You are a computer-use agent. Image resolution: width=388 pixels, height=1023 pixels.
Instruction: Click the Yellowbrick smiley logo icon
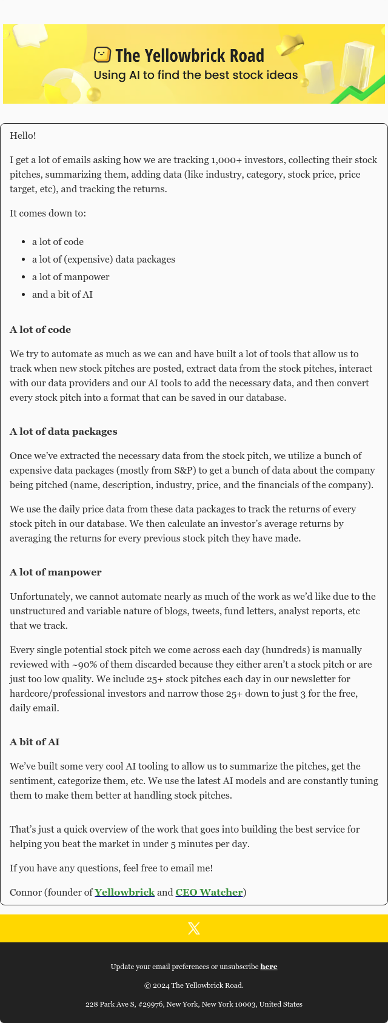click(x=102, y=55)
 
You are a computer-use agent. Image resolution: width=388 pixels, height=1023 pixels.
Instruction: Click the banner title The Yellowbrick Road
click(x=189, y=56)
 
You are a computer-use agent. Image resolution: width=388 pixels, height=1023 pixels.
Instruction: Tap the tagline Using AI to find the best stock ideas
click(x=195, y=75)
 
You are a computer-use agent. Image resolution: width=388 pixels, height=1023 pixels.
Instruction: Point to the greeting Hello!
click(x=23, y=136)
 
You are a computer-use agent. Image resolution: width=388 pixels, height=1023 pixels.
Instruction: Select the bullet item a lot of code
click(x=58, y=241)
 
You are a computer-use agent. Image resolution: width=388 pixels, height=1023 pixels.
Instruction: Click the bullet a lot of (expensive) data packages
click(x=104, y=259)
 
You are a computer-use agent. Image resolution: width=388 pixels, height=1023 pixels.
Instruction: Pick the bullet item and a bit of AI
click(x=62, y=294)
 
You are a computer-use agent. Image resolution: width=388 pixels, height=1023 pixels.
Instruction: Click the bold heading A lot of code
click(x=40, y=330)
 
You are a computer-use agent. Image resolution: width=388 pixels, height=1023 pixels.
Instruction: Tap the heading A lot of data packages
click(x=64, y=432)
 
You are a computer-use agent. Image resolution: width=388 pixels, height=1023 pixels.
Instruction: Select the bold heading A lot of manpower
click(x=56, y=572)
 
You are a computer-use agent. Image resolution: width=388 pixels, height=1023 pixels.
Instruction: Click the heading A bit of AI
click(x=35, y=742)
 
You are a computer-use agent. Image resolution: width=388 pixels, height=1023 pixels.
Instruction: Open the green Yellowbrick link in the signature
click(x=124, y=892)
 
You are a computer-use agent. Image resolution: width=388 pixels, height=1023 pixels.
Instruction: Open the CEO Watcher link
click(x=209, y=892)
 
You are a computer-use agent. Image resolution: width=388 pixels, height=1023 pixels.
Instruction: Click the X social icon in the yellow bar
click(x=194, y=928)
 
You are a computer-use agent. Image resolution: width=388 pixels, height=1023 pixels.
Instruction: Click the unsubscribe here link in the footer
click(x=269, y=967)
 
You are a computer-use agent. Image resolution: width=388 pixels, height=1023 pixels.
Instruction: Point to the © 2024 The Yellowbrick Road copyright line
click(x=194, y=985)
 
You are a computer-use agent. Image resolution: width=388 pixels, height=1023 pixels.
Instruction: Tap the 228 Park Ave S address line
click(x=194, y=1004)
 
